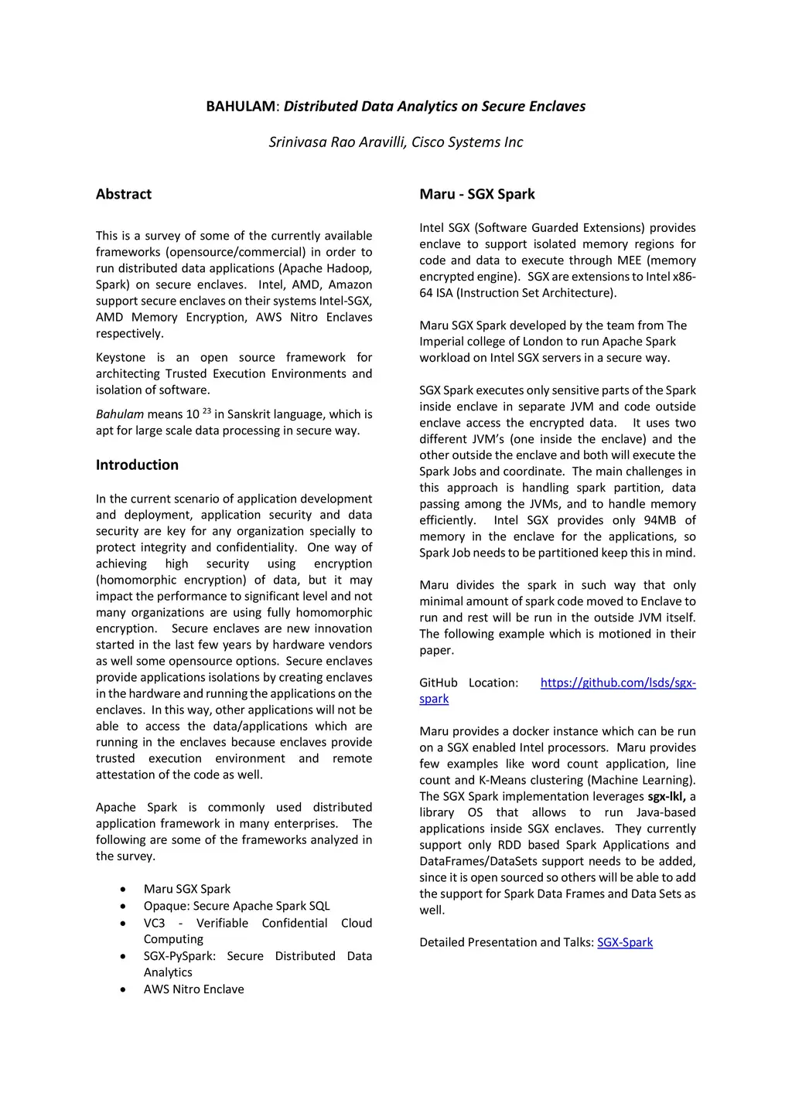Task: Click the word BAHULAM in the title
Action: [240, 107]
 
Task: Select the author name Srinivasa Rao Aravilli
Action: [337, 142]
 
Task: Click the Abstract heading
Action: [124, 194]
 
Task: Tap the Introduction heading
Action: [137, 465]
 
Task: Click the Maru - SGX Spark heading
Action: [477, 194]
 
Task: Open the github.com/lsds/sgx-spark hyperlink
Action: [617, 683]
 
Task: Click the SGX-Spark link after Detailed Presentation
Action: [625, 942]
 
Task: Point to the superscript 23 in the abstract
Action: [207, 410]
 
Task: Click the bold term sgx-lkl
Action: [667, 796]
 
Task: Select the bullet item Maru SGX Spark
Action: [187, 889]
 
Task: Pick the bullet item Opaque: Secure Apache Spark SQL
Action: [237, 906]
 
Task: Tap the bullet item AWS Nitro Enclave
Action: [193, 989]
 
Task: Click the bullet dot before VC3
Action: [124, 924]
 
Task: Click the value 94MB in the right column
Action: [660, 520]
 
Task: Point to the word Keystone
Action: [121, 357]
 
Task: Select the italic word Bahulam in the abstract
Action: [120, 414]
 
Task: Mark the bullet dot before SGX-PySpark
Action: [124, 957]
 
